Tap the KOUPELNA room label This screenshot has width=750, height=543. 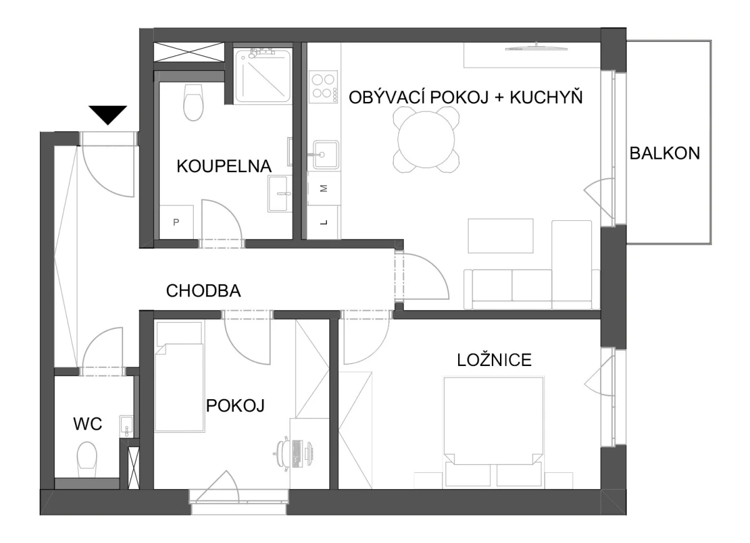(x=224, y=166)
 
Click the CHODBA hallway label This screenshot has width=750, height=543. (x=203, y=291)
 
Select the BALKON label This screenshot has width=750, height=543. (x=664, y=153)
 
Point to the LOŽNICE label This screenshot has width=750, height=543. (x=494, y=360)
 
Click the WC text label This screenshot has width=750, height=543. (x=87, y=424)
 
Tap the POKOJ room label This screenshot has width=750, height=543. (x=235, y=405)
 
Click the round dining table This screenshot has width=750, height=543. (x=426, y=140)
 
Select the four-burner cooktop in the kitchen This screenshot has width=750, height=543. (x=323, y=87)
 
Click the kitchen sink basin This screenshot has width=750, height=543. (x=326, y=155)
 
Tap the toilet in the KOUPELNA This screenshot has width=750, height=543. (x=193, y=102)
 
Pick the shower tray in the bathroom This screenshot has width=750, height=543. (x=262, y=76)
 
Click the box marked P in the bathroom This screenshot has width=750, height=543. (x=176, y=222)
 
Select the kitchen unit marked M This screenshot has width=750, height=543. (x=324, y=189)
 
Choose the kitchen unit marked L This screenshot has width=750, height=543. (x=324, y=222)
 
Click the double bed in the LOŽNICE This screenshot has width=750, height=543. (x=494, y=432)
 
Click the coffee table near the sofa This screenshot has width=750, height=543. (x=501, y=236)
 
